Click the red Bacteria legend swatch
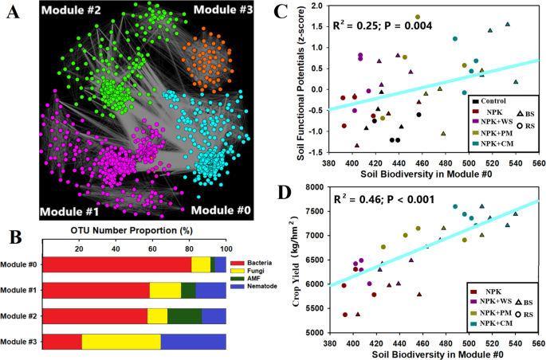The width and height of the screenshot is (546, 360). (x=236, y=262)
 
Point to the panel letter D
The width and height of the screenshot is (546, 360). (x=280, y=194)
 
